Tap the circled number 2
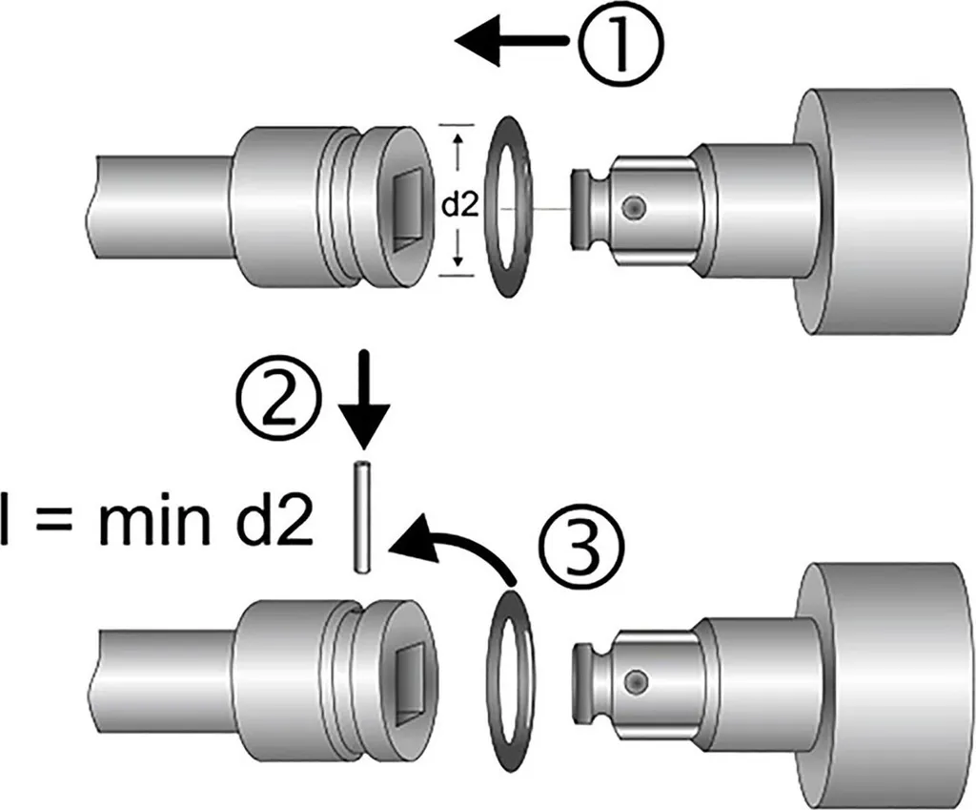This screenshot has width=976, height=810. pyautogui.click(x=278, y=404)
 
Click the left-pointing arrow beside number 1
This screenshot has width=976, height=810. pyautogui.click(x=512, y=40)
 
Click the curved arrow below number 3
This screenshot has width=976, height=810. pyautogui.click(x=453, y=540)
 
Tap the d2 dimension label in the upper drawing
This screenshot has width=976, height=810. pyautogui.click(x=460, y=206)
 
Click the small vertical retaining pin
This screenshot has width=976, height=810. pyautogui.click(x=362, y=516)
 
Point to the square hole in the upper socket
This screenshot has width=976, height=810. pyautogui.click(x=410, y=206)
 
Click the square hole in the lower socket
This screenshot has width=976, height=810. pyautogui.click(x=410, y=680)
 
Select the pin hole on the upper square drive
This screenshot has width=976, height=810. pyautogui.click(x=635, y=206)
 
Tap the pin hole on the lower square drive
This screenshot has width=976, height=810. pyautogui.click(x=635, y=679)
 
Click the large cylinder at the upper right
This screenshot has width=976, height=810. pyautogui.click(x=883, y=212)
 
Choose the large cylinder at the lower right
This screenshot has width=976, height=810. pyautogui.click(x=883, y=685)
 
